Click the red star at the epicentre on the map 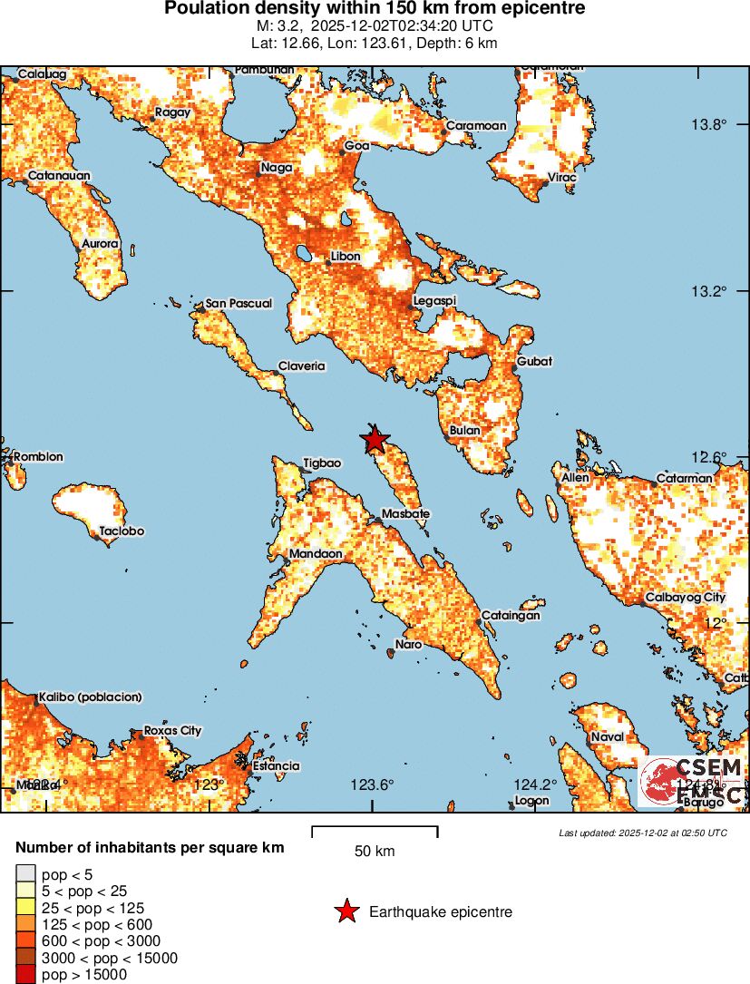(x=375, y=440)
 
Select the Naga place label (x=276, y=167)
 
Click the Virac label (x=561, y=177)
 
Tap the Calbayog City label (x=685, y=598)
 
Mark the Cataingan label (x=510, y=615)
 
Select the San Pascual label (x=239, y=303)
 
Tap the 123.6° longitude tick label (x=373, y=785)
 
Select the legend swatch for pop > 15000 (x=24, y=975)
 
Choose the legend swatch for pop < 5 (x=24, y=873)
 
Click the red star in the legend (x=346, y=911)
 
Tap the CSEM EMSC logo (x=691, y=781)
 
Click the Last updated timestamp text (x=642, y=833)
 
